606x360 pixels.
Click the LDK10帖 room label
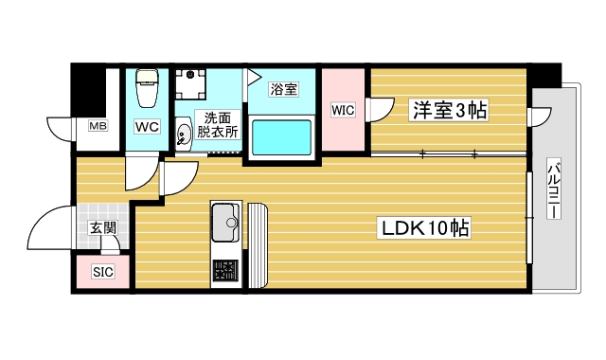pos(426,227)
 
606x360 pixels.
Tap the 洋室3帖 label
pos(449,112)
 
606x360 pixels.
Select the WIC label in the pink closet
pos(342,111)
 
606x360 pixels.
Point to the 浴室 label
pos(283,90)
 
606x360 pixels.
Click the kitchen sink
pos(226,223)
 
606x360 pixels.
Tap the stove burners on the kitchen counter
pos(225,271)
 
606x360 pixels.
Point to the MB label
pos(98,126)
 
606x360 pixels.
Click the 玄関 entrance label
pos(102,228)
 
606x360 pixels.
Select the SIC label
pos(102,273)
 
